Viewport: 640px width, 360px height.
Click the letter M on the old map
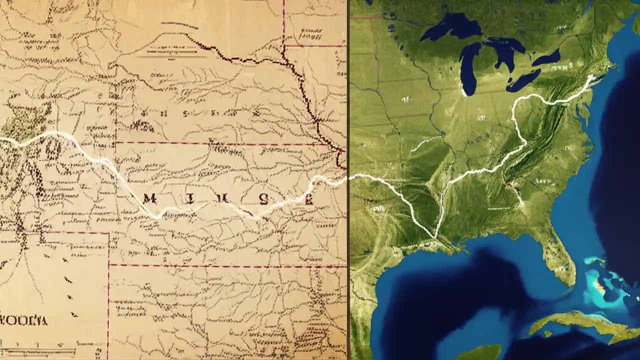(x=149, y=199)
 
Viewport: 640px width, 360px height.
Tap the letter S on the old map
(x=263, y=198)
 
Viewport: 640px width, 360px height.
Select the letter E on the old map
(x=308, y=200)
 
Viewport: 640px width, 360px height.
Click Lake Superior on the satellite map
(x=450, y=30)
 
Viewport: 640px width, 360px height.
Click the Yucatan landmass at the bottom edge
(x=480, y=352)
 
